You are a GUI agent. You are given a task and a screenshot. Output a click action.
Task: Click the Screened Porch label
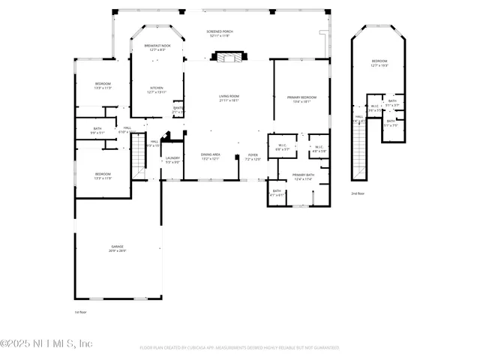click(x=220, y=33)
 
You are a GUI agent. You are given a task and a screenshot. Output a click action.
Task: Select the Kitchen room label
click(x=156, y=89)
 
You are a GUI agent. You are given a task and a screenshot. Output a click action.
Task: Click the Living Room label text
click(x=229, y=97)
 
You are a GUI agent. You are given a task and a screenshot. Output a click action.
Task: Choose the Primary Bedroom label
click(x=301, y=98)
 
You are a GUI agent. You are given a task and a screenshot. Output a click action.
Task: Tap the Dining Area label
click(x=210, y=155)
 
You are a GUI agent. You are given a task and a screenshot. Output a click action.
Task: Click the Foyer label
click(x=253, y=156)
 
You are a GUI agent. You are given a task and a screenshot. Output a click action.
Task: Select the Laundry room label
click(x=172, y=159)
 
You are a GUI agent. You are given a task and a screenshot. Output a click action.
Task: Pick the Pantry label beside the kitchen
click(x=178, y=109)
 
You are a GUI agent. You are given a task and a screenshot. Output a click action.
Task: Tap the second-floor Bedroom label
click(x=379, y=62)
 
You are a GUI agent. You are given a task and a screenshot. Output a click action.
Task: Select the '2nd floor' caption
click(x=358, y=193)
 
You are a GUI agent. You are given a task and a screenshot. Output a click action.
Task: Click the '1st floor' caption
click(x=80, y=311)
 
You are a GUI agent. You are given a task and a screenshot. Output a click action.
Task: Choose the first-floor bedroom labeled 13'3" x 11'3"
click(x=103, y=85)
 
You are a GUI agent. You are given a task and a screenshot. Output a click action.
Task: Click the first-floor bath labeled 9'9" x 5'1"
click(x=97, y=130)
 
